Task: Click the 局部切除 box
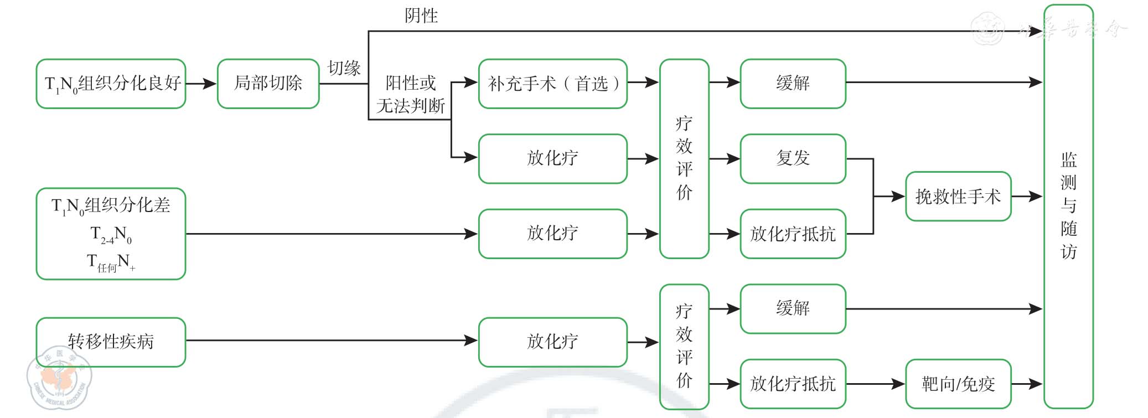(268, 84)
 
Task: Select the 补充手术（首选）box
(552, 84)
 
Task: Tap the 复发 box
(793, 158)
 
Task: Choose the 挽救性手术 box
(958, 197)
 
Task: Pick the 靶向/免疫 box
(958, 384)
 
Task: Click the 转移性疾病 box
(111, 342)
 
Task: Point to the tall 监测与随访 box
(1068, 206)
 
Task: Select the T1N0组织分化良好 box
(111, 84)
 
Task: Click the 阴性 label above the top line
(421, 16)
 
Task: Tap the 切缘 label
(344, 68)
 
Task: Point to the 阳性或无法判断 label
(410, 94)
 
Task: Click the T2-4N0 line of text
(111, 234)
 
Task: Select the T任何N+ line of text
(111, 262)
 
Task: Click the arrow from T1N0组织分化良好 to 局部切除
(201, 84)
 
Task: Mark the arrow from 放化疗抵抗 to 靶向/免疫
(875, 384)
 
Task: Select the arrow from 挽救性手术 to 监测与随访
(1027, 197)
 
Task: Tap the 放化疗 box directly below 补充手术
(552, 158)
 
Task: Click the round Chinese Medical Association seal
(59, 378)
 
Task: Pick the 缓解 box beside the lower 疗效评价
(793, 308)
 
